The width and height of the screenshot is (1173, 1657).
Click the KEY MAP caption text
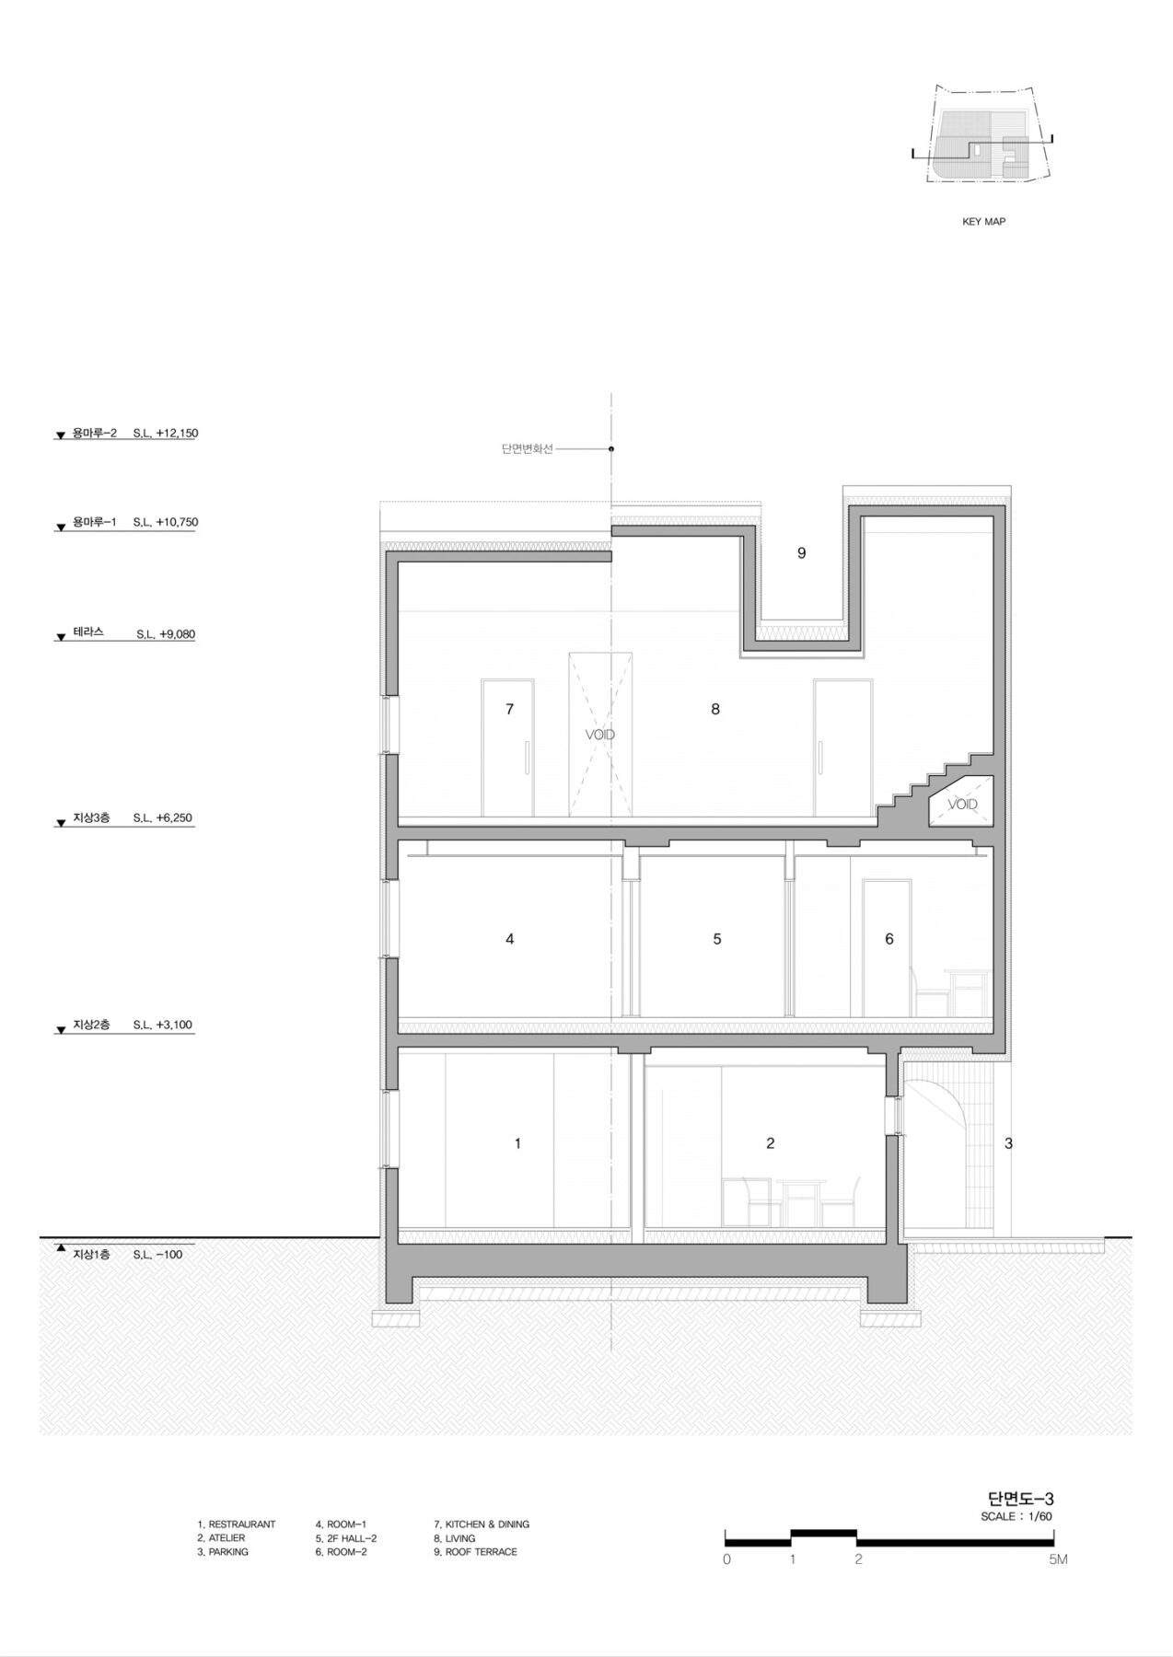pos(983,222)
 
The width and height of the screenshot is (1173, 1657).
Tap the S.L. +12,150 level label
pos(165,433)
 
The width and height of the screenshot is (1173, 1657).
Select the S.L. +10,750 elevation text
pos(165,522)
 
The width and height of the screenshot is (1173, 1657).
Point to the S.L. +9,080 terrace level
pos(166,634)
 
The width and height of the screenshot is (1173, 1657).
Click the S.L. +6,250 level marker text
pos(163,817)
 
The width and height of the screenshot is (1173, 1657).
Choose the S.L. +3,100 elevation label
pos(163,1025)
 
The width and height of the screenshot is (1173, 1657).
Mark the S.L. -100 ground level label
pos(157,1255)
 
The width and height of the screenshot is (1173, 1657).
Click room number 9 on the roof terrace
pos(802,553)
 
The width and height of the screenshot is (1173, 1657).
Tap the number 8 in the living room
pos(715,709)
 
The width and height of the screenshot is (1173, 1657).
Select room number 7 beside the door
pos(509,709)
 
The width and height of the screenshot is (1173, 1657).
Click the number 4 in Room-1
pos(510,939)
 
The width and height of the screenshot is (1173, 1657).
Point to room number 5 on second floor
pos(717,939)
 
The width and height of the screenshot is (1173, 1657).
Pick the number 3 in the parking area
pos(1009,1143)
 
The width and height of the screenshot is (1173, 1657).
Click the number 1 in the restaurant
pos(517,1143)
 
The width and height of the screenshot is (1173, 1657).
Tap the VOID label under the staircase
pos(963,805)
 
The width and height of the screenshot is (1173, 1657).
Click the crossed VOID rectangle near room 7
pos(600,734)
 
